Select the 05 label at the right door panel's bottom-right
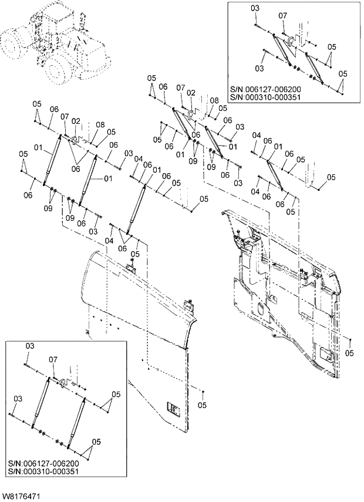(350, 353)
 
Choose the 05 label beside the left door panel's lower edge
(202, 405)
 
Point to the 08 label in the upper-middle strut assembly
(214, 101)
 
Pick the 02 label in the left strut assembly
(76, 121)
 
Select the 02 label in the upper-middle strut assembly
(191, 93)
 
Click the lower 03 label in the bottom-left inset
(18, 399)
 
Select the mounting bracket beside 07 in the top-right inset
(289, 41)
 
